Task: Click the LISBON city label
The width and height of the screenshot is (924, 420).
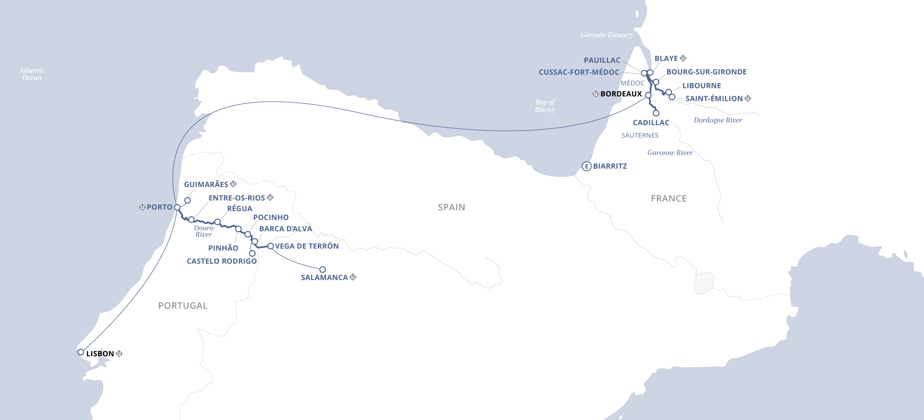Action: tap(100, 354)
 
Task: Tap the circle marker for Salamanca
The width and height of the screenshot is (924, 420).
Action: tap(323, 270)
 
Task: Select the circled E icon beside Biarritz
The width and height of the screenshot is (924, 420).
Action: tap(586, 166)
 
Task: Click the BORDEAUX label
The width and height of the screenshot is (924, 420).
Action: tap(621, 94)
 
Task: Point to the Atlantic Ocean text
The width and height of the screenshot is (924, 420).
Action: tap(32, 74)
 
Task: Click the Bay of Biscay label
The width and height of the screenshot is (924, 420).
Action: tap(545, 106)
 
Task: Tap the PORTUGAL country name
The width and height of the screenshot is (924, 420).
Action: tap(183, 306)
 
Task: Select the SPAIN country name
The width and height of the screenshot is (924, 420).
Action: tap(451, 207)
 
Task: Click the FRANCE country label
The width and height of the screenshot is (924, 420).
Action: tap(669, 199)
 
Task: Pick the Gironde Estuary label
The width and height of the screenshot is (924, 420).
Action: tap(606, 35)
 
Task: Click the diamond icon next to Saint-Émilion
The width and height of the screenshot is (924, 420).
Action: tap(748, 98)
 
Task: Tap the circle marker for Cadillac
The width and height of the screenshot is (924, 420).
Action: tap(656, 113)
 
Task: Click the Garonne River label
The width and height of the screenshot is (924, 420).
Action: tap(670, 153)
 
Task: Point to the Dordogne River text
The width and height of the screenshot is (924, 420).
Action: tap(718, 120)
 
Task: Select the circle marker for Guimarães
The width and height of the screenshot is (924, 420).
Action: tap(188, 200)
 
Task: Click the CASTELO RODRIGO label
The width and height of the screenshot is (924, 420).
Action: tap(222, 261)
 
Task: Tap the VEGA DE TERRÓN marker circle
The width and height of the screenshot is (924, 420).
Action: tap(271, 246)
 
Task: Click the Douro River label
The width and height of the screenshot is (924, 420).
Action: tap(203, 231)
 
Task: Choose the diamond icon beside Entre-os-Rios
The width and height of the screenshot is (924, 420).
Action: tap(270, 197)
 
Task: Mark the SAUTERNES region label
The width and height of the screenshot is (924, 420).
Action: tap(640, 135)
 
